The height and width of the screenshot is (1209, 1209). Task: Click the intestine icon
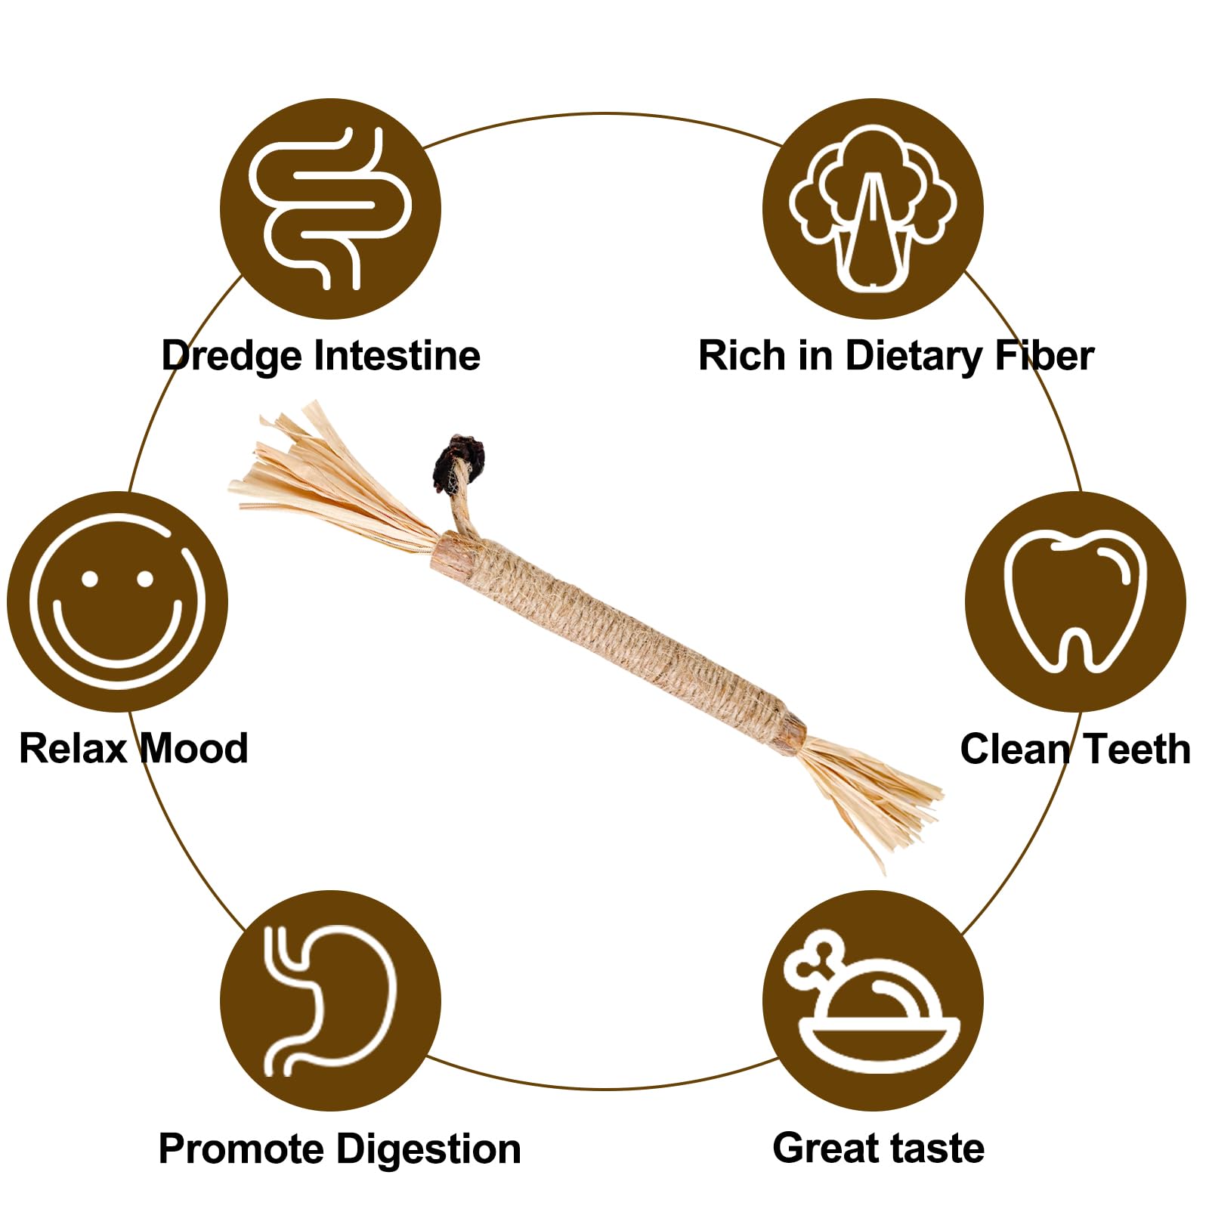[x=330, y=209]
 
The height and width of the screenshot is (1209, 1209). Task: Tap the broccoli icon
[x=873, y=209]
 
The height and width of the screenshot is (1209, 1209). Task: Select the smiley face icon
[x=117, y=601]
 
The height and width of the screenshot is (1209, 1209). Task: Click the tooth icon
[x=1075, y=601]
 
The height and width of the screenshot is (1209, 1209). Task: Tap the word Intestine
[x=397, y=355]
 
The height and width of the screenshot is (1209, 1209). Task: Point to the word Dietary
[x=913, y=357]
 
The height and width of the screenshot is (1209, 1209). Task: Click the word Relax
[x=73, y=748]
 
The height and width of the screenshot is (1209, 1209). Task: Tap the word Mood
[x=194, y=748]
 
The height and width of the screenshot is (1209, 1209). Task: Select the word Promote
[x=242, y=1149]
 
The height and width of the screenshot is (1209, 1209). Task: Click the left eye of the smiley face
[x=91, y=580]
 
